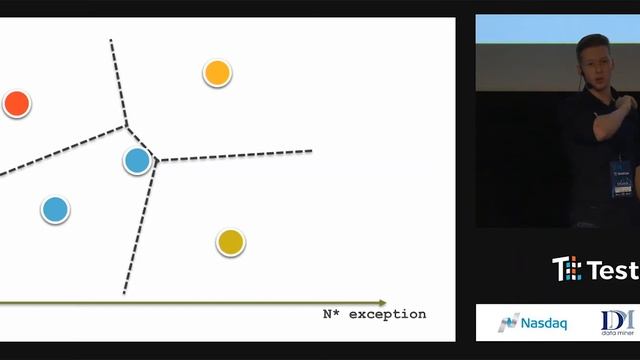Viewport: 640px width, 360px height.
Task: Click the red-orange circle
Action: pyautogui.click(x=16, y=103)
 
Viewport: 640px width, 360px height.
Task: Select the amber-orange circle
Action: pyautogui.click(x=217, y=72)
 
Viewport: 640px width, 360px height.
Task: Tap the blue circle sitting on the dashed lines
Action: pyautogui.click(x=137, y=160)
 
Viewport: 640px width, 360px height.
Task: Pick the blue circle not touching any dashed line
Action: pyautogui.click(x=55, y=210)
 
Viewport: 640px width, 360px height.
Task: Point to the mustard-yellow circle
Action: pyautogui.click(x=230, y=241)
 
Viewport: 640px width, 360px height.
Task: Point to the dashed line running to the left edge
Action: pyautogui.click(x=60, y=148)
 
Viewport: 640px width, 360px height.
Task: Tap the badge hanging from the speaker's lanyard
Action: pyautogui.click(x=621, y=177)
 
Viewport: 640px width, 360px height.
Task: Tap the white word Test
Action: pyautogui.click(x=612, y=270)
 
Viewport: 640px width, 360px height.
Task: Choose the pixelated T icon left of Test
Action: pyautogui.click(x=566, y=269)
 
